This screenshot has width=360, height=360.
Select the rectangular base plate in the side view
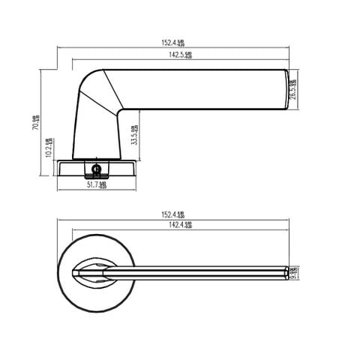point(97,169)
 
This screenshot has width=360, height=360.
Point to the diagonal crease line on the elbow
point(101,97)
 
